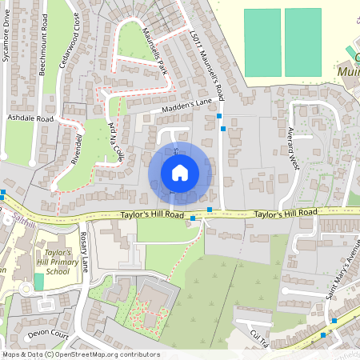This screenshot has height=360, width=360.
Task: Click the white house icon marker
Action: point(180,173)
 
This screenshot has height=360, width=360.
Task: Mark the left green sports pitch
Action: point(262,43)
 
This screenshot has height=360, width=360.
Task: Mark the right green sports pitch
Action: point(302,43)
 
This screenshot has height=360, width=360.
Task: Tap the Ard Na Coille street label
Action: point(113,142)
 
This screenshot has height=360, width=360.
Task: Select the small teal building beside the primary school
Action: point(39,282)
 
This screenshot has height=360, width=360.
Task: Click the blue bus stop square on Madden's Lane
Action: point(219,117)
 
